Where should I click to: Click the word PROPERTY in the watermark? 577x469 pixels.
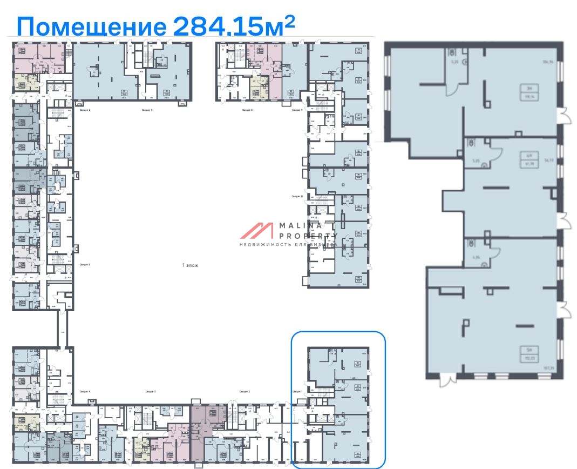[309, 236]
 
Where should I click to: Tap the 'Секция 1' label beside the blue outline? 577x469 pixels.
[297, 391]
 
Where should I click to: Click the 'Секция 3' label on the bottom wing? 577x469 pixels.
[151, 391]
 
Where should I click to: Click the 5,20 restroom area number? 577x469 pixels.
[454, 62]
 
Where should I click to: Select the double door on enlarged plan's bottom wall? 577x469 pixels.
[446, 380]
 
